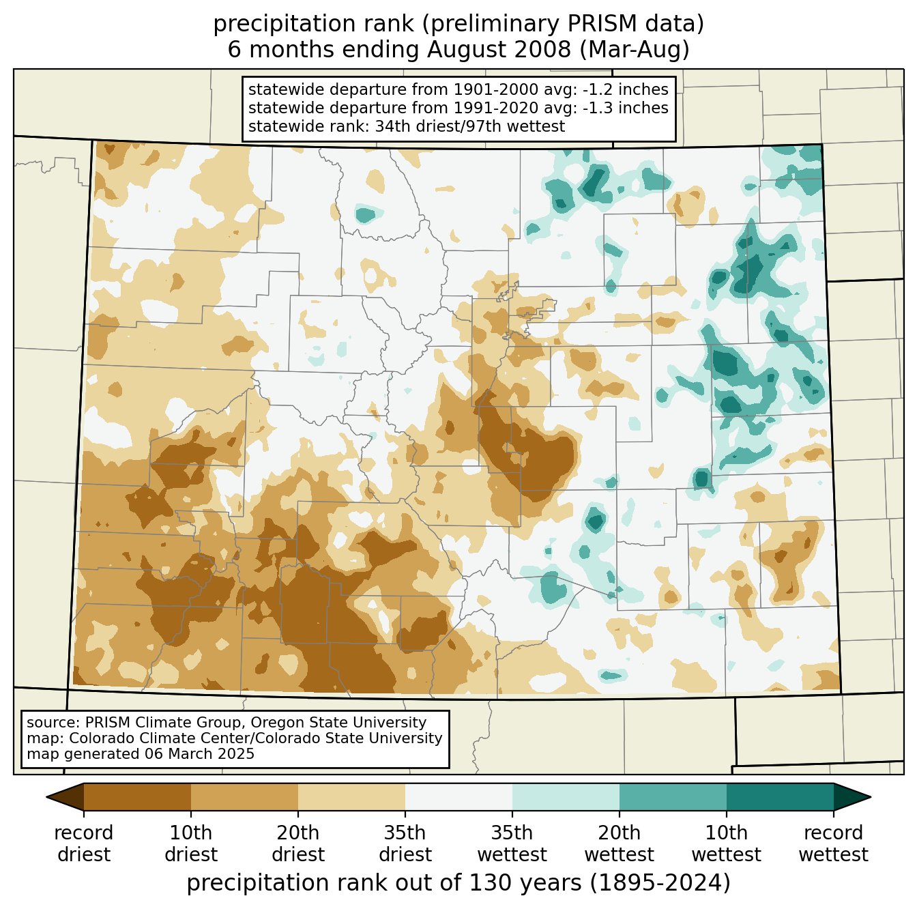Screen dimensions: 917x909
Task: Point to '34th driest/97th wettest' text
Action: point(469,126)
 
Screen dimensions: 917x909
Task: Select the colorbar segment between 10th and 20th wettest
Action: point(673,796)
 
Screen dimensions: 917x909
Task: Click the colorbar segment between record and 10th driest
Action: point(137,796)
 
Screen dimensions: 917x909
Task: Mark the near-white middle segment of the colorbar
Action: point(458,796)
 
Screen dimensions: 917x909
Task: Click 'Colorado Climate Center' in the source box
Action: point(157,738)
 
